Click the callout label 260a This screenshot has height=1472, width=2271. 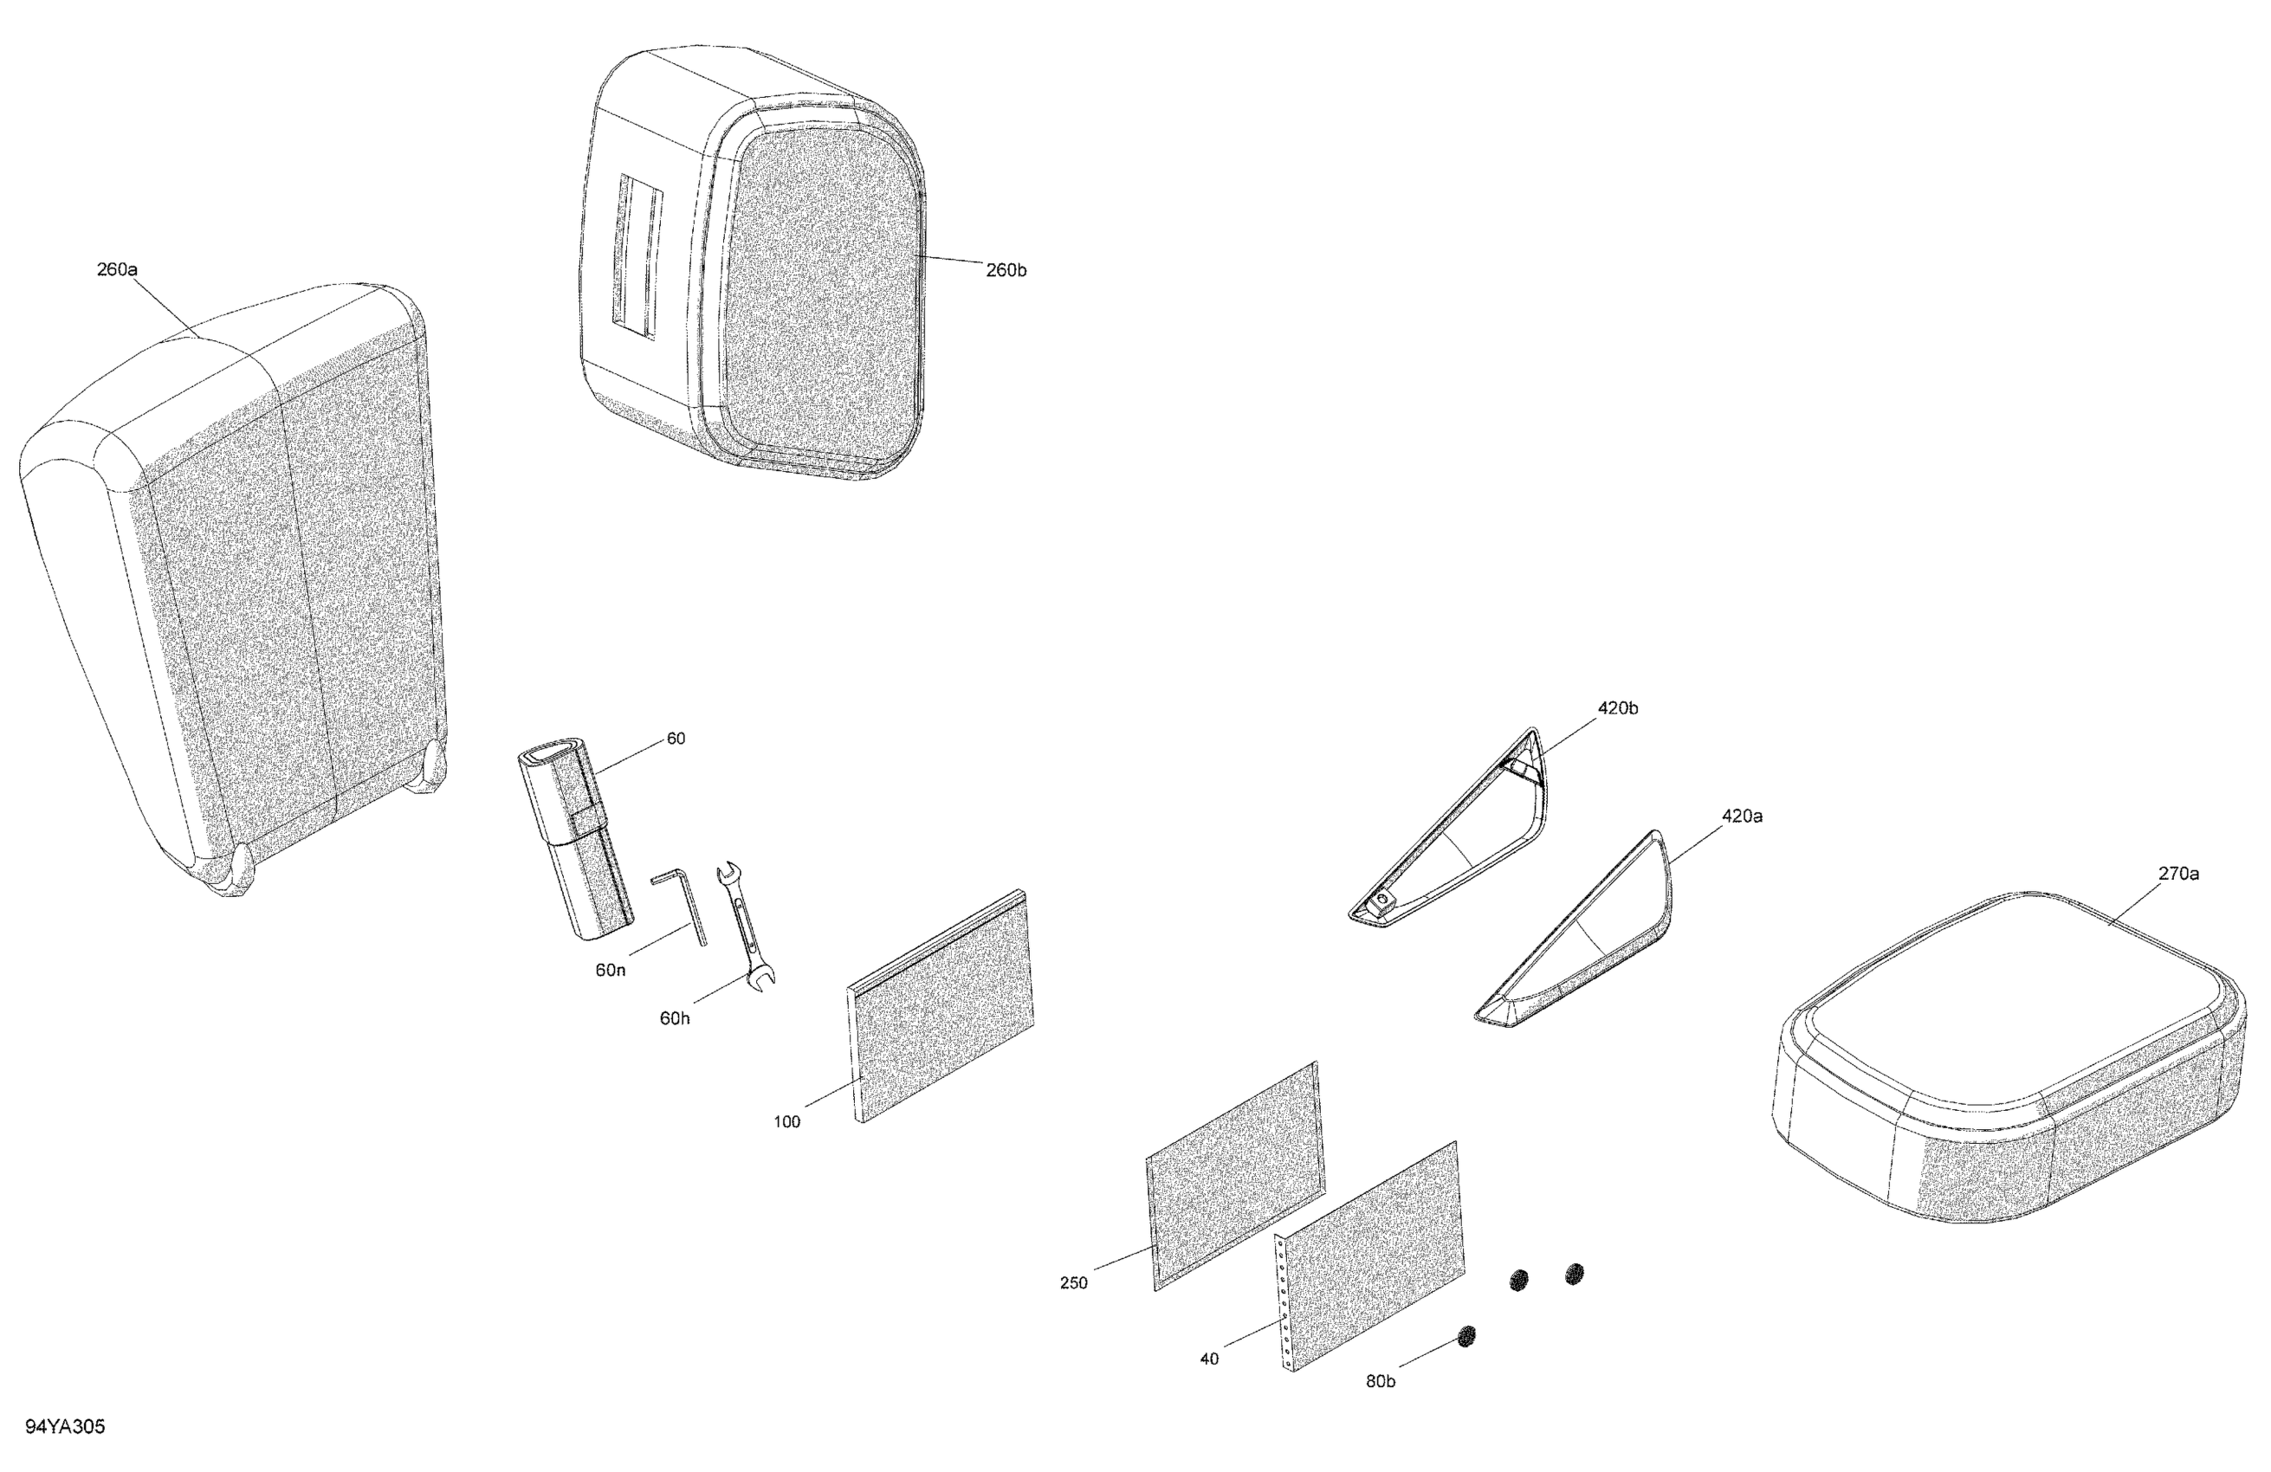tap(116, 270)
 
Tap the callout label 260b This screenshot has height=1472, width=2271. tap(1006, 270)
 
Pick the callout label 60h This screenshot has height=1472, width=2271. tap(675, 1018)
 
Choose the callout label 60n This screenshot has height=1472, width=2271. tap(611, 970)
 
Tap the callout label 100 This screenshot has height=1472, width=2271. tap(786, 1122)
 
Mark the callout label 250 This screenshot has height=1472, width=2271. tap(1073, 1283)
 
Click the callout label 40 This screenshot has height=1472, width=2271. tap(1209, 1359)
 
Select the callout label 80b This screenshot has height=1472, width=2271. tap(1380, 1381)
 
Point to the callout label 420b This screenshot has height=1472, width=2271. tap(1617, 707)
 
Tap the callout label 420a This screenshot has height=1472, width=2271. tap(1742, 816)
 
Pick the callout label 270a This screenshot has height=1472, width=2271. tap(2178, 873)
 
